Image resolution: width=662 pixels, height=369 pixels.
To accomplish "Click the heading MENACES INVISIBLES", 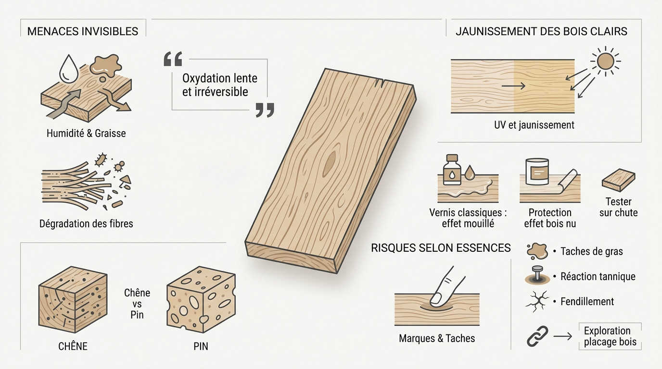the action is (83, 31).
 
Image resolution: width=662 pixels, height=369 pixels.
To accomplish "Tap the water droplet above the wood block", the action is (69, 69).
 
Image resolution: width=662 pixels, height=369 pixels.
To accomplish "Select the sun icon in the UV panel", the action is (606, 61).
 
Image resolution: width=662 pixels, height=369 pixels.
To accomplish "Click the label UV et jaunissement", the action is (534, 125).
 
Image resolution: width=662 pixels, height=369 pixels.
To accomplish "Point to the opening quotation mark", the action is (173, 59).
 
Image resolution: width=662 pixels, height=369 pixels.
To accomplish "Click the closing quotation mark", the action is (265, 110).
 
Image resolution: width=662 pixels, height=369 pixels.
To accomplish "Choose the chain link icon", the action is (537, 336).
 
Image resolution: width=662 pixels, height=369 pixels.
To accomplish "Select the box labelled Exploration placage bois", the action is (610, 336).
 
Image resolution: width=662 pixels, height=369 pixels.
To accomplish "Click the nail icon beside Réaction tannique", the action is (537, 275).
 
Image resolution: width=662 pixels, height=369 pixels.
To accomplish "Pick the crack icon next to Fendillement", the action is (537, 301).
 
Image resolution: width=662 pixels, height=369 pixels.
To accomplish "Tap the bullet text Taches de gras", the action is (591, 251).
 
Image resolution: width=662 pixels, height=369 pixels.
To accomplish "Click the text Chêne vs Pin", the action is (137, 304).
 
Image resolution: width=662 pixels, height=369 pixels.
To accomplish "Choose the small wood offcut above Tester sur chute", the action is (619, 180).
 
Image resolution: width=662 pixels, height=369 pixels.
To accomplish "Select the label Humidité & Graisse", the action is (86, 134).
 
